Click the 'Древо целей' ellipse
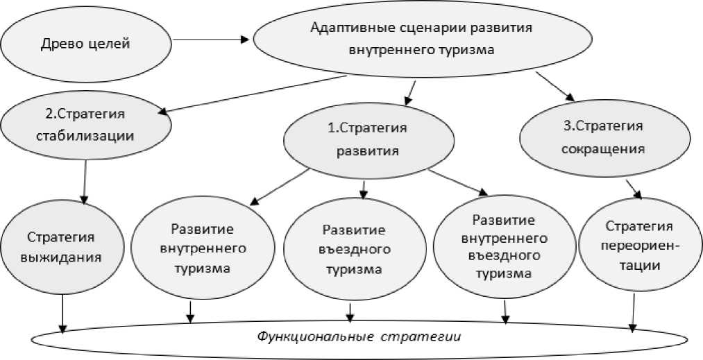pos(85,44)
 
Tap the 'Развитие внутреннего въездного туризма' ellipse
pos(503,246)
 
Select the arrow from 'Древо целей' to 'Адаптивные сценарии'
pos(208,40)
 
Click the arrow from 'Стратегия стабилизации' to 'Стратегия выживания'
pos(85,182)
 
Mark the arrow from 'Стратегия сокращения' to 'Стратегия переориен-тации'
pos(633,189)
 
